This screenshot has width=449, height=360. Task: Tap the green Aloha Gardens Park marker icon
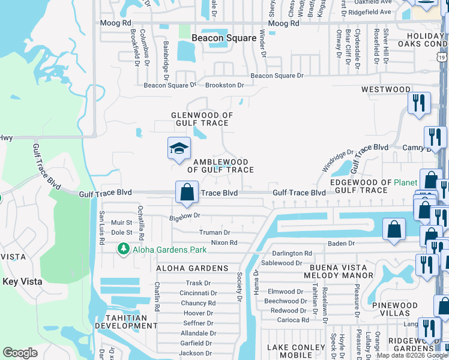tap(124, 248)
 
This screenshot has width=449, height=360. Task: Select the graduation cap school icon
tap(179, 149)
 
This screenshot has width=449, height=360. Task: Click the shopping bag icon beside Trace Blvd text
tap(187, 193)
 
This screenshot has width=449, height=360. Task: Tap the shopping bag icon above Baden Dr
tap(394, 230)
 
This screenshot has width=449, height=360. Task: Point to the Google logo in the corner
tap(20, 353)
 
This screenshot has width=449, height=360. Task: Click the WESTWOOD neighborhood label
tap(386, 89)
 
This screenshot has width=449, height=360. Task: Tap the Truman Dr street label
tap(214, 232)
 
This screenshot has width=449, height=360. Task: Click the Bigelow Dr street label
tap(184, 215)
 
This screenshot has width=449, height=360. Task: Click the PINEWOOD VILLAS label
tap(394, 309)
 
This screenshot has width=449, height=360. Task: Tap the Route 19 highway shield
tap(442, 57)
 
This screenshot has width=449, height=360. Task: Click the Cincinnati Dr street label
tap(194, 293)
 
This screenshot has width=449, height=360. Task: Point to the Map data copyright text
tap(412, 355)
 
